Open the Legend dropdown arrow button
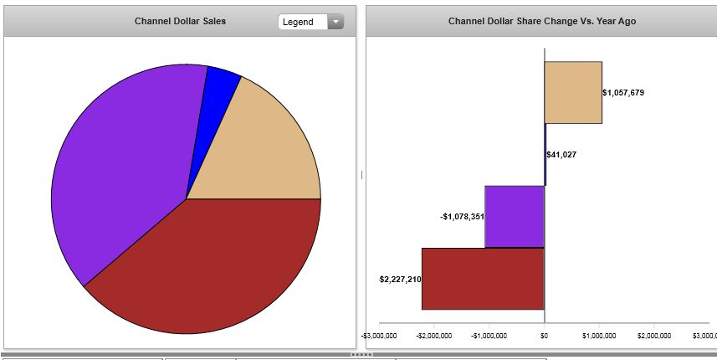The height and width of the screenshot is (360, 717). pos(335,22)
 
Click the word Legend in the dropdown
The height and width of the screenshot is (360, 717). pos(298,22)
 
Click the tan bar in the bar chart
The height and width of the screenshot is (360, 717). pos(573,92)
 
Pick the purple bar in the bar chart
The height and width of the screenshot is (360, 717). pos(515,216)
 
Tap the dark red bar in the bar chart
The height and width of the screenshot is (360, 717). pos(483,279)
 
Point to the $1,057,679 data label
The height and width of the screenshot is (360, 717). pos(623,92)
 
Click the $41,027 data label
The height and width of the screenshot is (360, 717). pos(561,154)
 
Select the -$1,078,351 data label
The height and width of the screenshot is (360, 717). pos(462,217)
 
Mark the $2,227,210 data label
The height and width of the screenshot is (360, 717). pos(400,279)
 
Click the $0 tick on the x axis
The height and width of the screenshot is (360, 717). pos(544,336)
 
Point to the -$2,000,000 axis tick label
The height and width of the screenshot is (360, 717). pos(434,336)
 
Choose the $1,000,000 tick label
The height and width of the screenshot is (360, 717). pos(599,336)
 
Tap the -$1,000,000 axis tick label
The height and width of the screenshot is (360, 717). pos(489,336)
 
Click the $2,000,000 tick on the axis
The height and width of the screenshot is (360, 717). pos(653,336)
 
